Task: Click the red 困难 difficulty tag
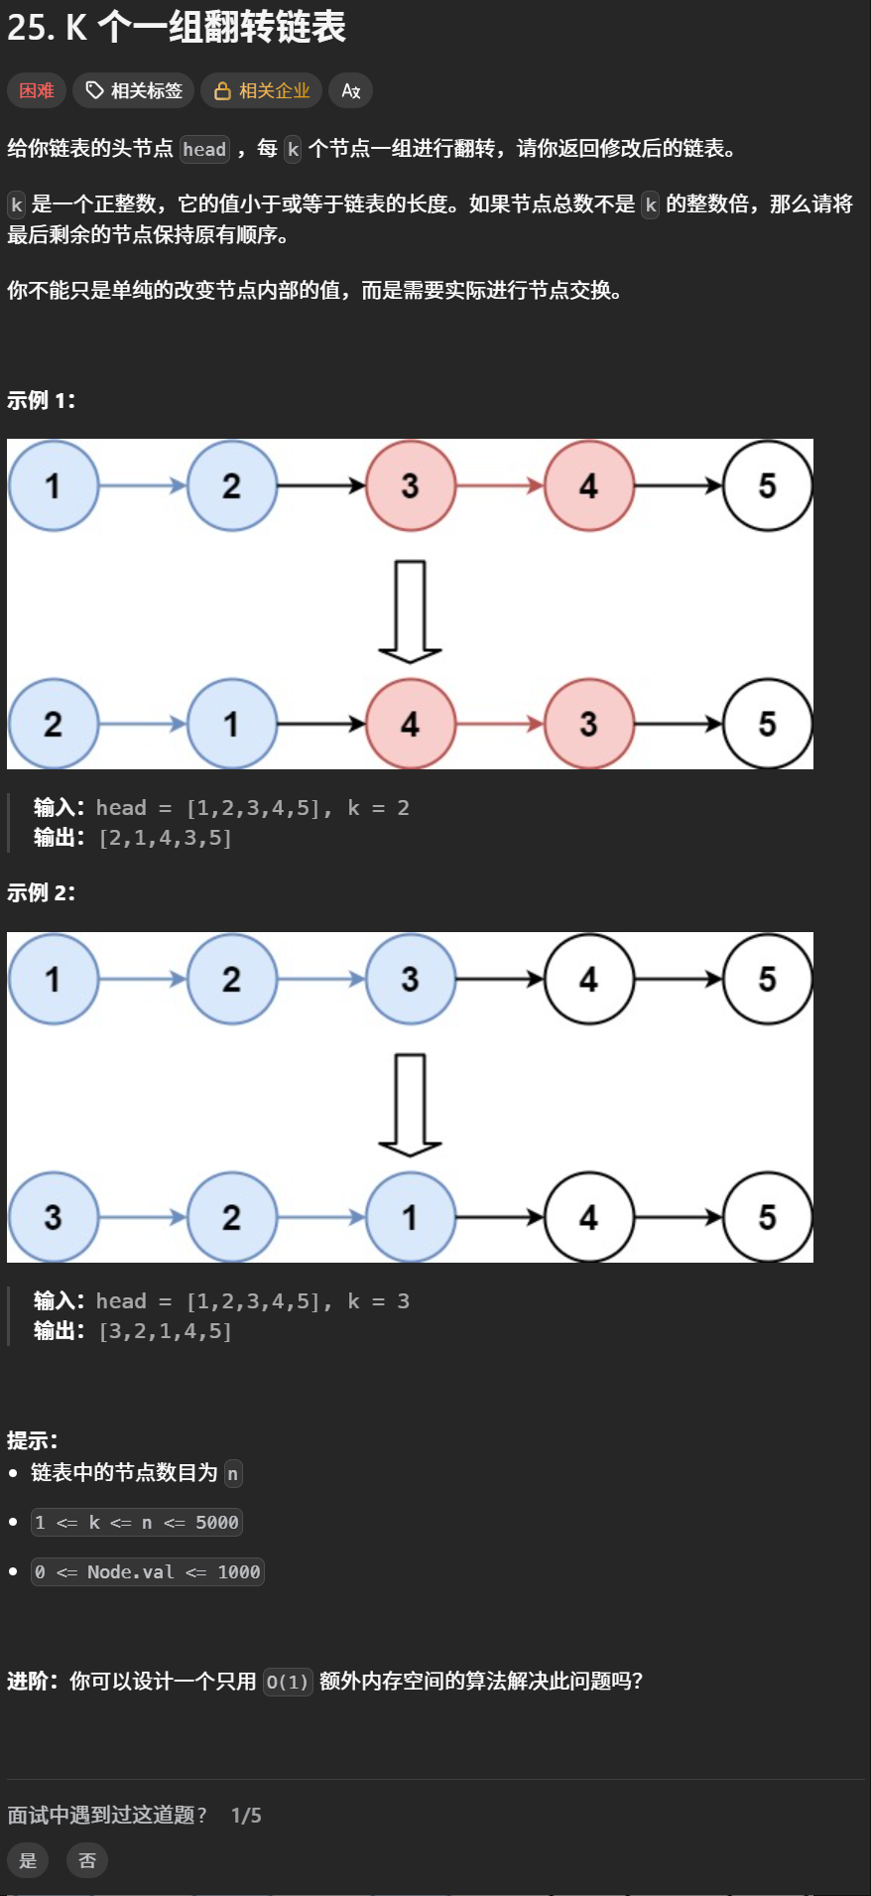tap(37, 90)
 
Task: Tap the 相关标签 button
tap(134, 90)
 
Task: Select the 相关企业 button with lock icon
tap(262, 90)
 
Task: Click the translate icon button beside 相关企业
tap(350, 90)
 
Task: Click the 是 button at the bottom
tap(28, 1860)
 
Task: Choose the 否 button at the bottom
tap(87, 1860)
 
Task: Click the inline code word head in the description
tap(204, 150)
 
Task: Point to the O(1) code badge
tap(288, 1682)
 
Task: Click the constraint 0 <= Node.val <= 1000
tap(148, 1572)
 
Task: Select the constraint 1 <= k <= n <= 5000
tap(137, 1523)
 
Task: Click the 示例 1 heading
tap(42, 400)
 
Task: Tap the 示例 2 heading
tap(42, 892)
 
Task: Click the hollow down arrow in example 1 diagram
tap(410, 611)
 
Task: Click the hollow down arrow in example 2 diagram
tap(410, 1105)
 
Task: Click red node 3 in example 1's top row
tap(411, 486)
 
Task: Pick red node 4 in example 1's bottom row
tap(411, 724)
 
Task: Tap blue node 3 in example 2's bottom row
tap(54, 1217)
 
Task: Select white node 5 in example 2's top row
tap(768, 979)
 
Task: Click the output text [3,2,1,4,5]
tap(166, 1331)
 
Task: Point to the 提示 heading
tap(33, 1440)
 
